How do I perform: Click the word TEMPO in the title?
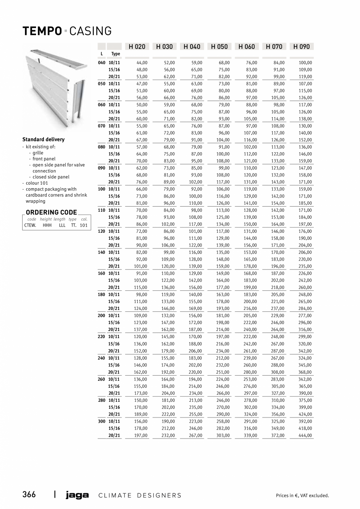pyautogui.click(x=42, y=31)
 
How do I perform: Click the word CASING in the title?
pyautogui.click(x=91, y=31)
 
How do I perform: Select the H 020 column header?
pyautogui.click(x=137, y=47)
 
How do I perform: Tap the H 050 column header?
pyautogui.click(x=219, y=47)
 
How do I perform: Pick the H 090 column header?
pyautogui.click(x=301, y=47)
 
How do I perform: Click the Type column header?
pyautogui.click(x=115, y=54)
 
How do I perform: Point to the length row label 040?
pyautogui.click(x=101, y=63)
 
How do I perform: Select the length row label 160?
pyautogui.click(x=101, y=273)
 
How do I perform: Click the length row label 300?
pyautogui.click(x=101, y=421)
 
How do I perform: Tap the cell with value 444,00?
pyautogui.click(x=306, y=435)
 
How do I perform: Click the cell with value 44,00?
pyautogui.click(x=142, y=63)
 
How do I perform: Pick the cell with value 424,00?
pyautogui.click(x=306, y=414)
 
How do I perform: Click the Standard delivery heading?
pyautogui.click(x=43, y=140)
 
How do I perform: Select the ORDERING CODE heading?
pyautogui.click(x=51, y=213)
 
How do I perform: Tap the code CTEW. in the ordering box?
pyautogui.click(x=30, y=225)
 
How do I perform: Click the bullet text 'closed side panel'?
pyautogui.click(x=51, y=177)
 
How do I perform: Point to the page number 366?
pyautogui.click(x=29, y=495)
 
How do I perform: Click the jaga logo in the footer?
pyautogui.click(x=77, y=495)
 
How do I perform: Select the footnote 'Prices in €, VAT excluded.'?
pyautogui.click(x=302, y=496)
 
